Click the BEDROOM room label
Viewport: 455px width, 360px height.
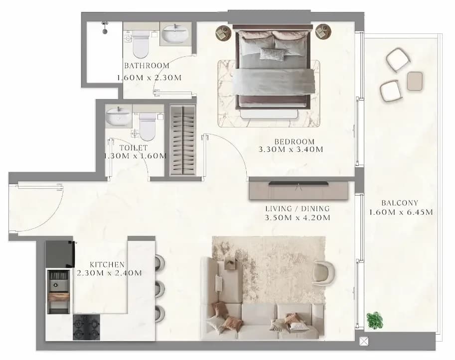[295, 142]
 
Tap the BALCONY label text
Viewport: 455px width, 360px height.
[400, 203]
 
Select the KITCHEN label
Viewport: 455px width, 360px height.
[107, 264]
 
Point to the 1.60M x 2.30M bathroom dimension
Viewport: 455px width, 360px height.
[149, 78]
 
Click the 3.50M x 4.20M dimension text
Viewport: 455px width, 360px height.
[298, 218]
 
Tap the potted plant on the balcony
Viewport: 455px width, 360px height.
[375, 320]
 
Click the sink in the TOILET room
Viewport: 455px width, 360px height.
[119, 116]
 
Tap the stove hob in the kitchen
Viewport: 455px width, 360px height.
[87, 327]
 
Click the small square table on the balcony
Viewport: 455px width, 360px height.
[415, 81]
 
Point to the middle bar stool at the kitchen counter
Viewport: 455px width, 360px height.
[160, 288]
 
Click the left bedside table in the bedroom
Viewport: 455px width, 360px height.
[223, 32]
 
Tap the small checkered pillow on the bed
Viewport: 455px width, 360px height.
[272, 54]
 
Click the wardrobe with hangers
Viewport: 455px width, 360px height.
[182, 140]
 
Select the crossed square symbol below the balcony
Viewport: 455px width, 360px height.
[364, 342]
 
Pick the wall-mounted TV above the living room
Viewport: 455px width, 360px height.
[299, 183]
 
